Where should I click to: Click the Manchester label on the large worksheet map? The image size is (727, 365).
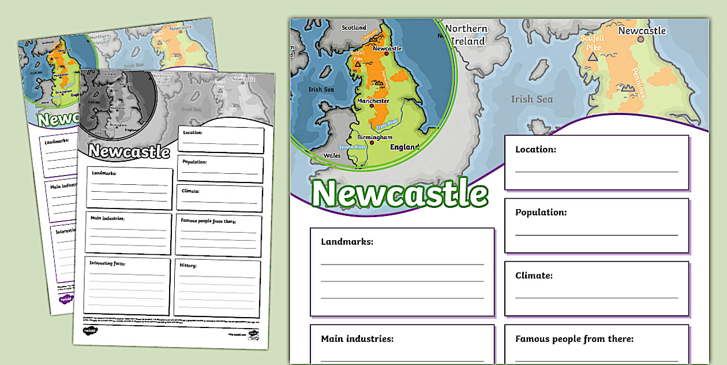[373, 101]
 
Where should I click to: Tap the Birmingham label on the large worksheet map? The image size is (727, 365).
[374, 137]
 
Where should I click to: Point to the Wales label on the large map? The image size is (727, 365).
[332, 155]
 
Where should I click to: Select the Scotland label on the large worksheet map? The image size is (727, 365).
[354, 27]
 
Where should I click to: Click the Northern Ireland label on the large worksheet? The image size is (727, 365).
[467, 35]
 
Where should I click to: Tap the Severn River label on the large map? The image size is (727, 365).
[353, 147]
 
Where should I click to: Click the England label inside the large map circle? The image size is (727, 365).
[404, 147]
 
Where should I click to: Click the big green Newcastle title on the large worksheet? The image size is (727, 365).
[400, 193]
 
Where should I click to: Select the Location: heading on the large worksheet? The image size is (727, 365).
[535, 149]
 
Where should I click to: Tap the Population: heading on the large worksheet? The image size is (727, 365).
[541, 212]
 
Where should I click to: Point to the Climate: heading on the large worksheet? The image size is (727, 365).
[534, 275]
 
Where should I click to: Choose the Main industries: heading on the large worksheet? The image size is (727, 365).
[357, 339]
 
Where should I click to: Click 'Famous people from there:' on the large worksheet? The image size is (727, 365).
[574, 339]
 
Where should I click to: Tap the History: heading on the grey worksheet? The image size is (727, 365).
[189, 266]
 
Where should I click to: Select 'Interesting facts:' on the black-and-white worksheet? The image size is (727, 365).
[107, 263]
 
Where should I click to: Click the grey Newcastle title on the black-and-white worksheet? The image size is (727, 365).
[129, 151]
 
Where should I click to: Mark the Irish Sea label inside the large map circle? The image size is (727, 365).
[321, 90]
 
